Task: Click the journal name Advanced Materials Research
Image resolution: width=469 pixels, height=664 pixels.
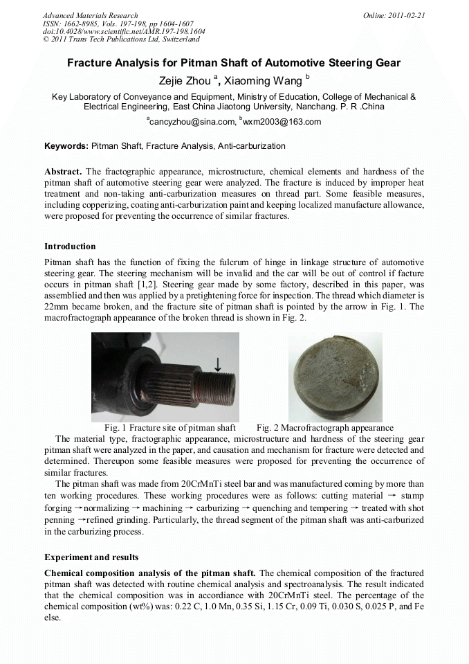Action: (91, 15)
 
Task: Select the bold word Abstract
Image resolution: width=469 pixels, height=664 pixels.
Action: (63, 172)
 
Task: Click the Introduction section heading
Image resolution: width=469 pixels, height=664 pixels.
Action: (70, 246)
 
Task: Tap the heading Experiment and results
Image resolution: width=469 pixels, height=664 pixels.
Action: (91, 557)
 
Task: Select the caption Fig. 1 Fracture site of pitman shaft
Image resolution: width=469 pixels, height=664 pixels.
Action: (170, 428)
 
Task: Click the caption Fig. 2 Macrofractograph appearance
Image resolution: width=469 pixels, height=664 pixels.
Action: (325, 428)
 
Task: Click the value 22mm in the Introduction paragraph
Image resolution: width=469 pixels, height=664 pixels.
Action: (55, 307)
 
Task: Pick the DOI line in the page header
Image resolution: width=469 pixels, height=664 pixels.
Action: (124, 32)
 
